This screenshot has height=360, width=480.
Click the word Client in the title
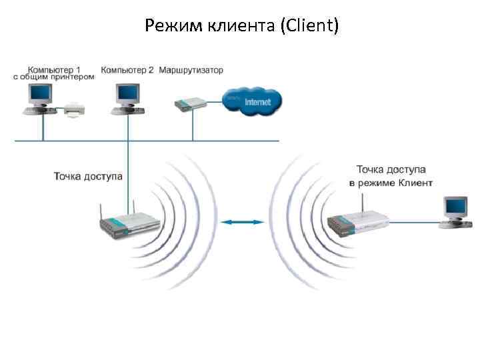point(310,26)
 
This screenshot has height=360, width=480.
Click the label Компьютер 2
point(127,69)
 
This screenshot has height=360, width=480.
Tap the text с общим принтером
point(54,77)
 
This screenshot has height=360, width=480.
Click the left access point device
point(131,225)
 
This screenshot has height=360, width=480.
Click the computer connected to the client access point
point(455,211)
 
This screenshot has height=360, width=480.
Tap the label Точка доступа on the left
point(88,176)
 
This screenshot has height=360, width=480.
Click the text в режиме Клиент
point(391,183)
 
